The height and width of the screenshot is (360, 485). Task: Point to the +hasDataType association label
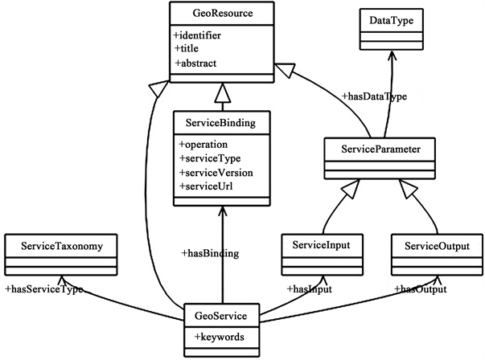372,96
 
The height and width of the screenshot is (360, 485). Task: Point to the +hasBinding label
211,253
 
